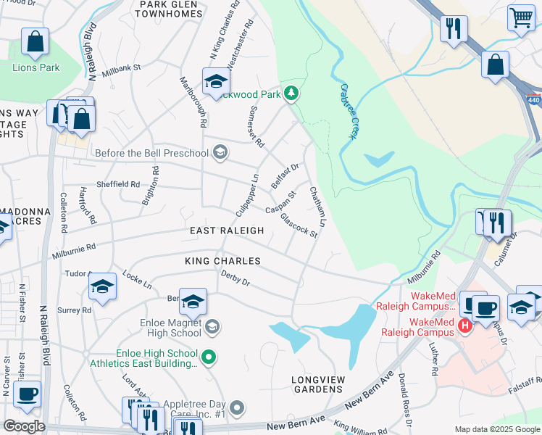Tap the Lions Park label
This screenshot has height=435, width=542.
pos(36,67)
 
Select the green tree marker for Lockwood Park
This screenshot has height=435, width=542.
pos(291,93)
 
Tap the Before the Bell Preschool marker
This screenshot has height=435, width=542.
pos(220,152)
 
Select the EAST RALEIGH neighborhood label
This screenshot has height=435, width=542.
pos(227,231)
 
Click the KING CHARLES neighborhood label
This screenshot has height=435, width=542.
pos(222,260)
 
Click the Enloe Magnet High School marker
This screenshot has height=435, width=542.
pos(212,326)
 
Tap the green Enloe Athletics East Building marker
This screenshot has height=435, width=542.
pos(209,356)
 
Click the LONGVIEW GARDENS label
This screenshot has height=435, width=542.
pos(317,384)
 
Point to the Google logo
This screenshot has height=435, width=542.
pos(24,426)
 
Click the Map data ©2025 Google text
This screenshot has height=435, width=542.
pos(496,429)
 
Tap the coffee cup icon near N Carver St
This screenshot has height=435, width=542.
pos(27,394)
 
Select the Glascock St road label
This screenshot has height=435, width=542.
pos(299,225)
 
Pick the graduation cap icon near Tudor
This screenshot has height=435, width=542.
pos(103,286)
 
